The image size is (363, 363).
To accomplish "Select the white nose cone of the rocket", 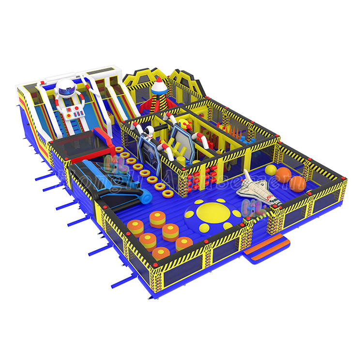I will click(x=159, y=83).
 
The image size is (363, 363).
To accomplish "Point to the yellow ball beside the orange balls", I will click(x=271, y=170).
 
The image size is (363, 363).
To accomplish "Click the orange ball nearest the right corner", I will click(x=297, y=182).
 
